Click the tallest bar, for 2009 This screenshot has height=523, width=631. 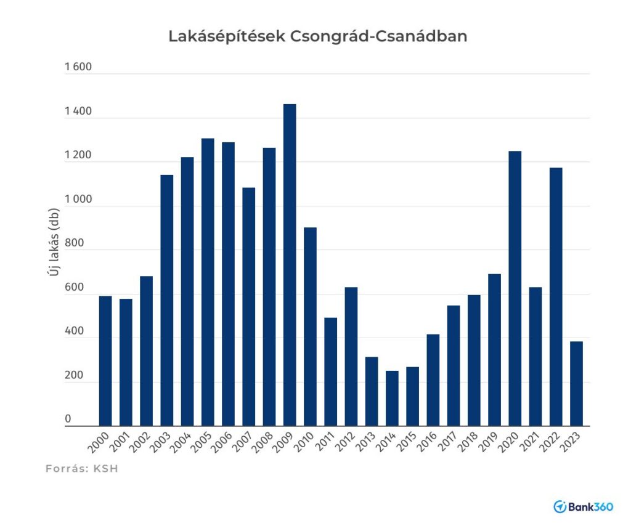289,265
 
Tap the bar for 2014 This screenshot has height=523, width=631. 392,398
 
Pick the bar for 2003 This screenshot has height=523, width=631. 166,300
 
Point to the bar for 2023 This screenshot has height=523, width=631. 576,383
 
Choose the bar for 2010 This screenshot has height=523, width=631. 310,326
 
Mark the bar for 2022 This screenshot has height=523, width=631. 556,296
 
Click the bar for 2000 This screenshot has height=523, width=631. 105,360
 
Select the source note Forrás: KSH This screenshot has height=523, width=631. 82,469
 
